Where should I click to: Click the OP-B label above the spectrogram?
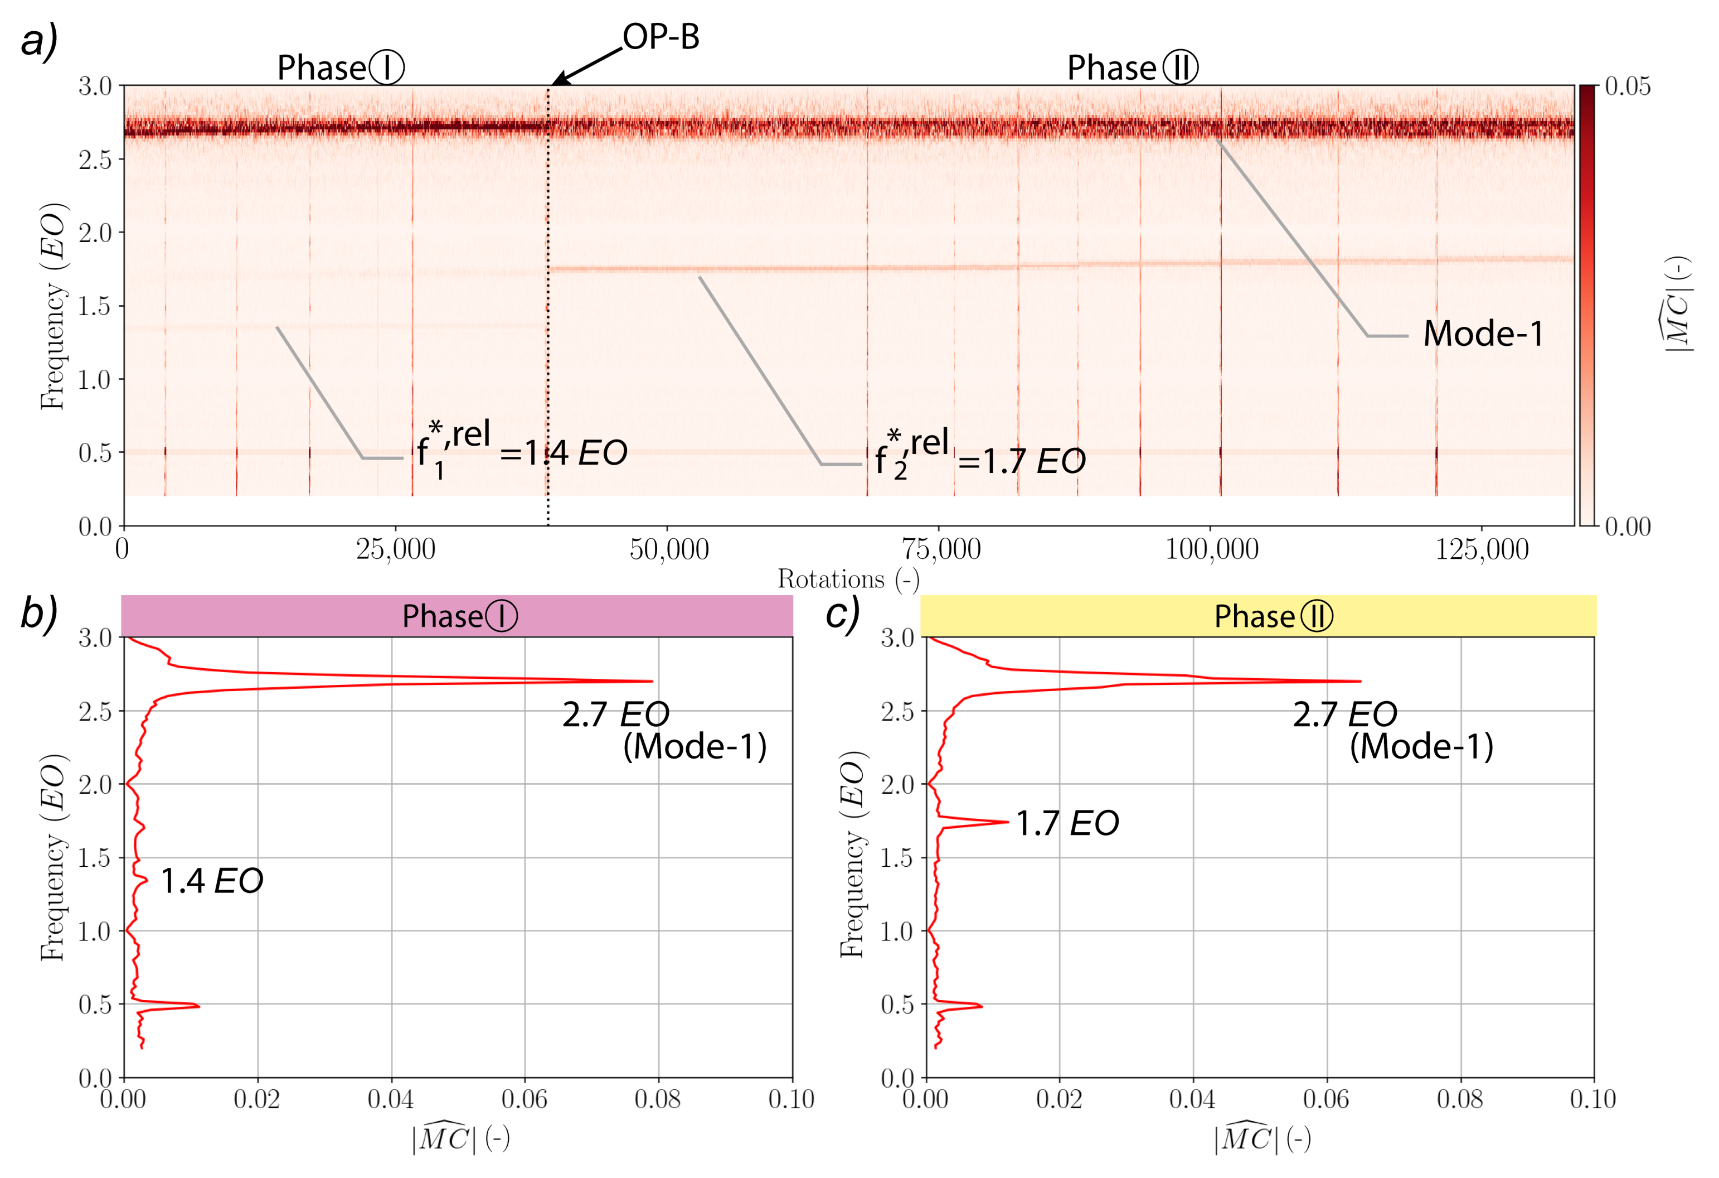661,37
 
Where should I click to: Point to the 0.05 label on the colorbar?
1627,86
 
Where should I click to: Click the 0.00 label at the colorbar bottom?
1627,527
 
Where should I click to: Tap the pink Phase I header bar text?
459,616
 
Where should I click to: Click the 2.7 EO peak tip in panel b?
651,682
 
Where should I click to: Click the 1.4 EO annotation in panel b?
212,881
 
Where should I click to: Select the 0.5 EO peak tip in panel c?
981,1006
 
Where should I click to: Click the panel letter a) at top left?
38,41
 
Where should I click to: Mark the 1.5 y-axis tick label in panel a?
95,306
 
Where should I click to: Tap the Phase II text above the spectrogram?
1132,68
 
